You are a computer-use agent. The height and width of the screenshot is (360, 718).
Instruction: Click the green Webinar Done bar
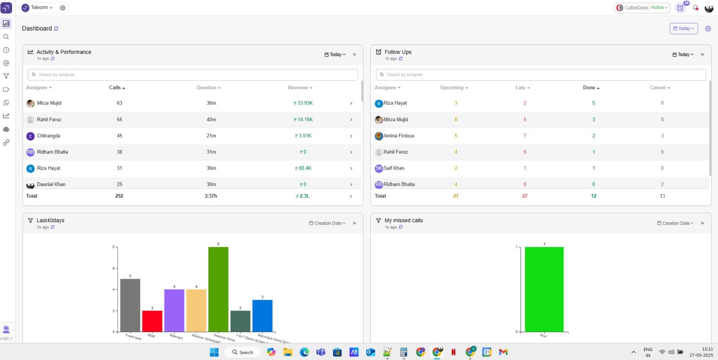point(218,290)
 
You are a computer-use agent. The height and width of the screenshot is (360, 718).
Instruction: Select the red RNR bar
point(152,321)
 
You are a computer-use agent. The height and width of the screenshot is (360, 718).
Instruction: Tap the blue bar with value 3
point(262,316)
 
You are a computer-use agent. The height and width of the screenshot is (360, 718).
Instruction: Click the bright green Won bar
point(544,290)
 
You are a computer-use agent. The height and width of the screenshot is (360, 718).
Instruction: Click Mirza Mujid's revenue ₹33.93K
point(303,103)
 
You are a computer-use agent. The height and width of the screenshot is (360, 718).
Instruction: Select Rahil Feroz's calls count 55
point(119,119)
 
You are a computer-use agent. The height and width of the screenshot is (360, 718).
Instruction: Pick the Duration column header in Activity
point(208,88)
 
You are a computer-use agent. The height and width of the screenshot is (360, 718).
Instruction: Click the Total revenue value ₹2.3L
point(303,196)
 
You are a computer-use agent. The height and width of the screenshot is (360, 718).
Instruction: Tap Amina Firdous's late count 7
point(525,136)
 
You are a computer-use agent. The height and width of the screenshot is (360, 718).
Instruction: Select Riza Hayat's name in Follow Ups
point(395,103)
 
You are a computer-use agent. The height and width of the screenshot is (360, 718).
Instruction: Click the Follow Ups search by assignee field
point(541,75)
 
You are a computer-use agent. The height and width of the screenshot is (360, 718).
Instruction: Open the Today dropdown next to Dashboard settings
point(683,28)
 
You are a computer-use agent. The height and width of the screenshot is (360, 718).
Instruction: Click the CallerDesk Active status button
point(642,8)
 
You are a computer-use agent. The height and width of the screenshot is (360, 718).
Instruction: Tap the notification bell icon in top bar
point(696,8)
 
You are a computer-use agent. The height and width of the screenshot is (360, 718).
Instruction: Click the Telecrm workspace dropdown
point(38,8)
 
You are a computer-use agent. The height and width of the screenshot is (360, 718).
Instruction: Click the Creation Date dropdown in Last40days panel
point(328,223)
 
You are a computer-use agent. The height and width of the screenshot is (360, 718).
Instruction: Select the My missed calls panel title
point(403,220)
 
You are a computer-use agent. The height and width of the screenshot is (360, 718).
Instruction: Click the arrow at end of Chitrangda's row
point(351,136)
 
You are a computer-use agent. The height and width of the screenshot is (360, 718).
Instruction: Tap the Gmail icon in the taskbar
point(503,352)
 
